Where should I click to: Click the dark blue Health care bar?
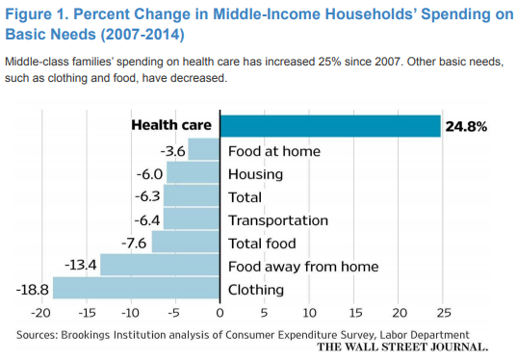coord(330,126)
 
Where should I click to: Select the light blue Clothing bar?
coord(136,289)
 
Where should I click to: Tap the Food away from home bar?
coord(160,266)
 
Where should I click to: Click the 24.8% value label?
coord(465,126)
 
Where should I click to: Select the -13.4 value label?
coord(80,266)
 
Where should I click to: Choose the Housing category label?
coord(255,174)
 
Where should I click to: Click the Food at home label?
coord(273,151)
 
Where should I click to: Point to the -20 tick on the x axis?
coord(40,312)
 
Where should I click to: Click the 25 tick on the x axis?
coord(443,312)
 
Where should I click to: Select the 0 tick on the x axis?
coord(220,312)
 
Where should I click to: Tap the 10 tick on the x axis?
coord(309,312)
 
